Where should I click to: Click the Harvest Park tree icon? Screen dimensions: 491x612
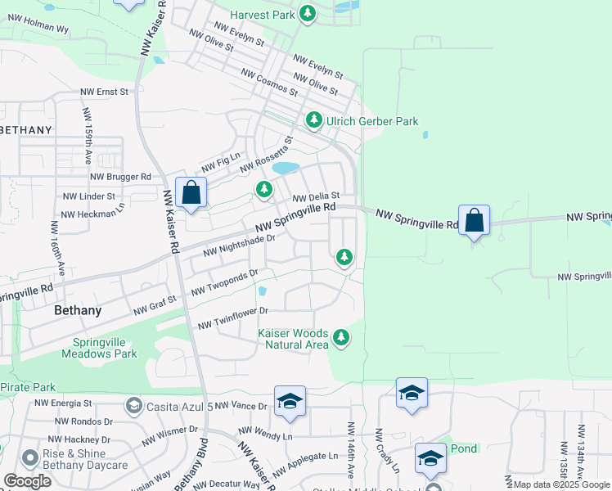point(307,14)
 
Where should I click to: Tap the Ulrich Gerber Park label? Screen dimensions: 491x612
point(372,122)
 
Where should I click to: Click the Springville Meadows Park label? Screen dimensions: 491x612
point(99,348)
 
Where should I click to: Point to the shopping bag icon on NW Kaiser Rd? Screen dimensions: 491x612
point(191,194)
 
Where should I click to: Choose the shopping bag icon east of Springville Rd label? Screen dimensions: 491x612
point(474,221)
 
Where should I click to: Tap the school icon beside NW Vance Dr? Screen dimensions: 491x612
point(290,401)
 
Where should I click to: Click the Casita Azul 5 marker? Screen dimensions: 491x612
point(133,406)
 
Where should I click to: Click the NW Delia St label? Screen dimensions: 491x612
point(316,196)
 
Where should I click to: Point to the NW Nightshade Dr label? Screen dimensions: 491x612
point(238,244)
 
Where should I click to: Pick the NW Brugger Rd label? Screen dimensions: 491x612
point(120,176)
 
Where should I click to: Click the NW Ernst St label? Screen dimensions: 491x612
point(104,92)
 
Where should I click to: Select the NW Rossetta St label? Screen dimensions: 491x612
point(265,155)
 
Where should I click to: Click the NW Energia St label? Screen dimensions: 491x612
point(63,403)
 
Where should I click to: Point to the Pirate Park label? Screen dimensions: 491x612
point(28,387)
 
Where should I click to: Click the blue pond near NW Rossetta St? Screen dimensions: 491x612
point(286,168)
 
